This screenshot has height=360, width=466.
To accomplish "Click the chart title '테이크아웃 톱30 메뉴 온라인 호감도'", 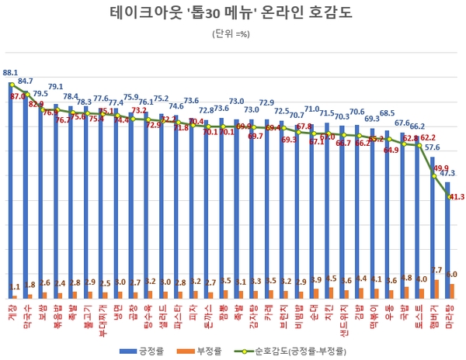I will (x=232, y=14).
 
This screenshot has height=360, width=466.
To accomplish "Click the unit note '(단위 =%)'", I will (x=232, y=33).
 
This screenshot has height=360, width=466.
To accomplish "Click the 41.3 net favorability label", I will (x=455, y=197).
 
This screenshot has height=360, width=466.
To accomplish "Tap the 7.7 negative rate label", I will (x=436, y=270).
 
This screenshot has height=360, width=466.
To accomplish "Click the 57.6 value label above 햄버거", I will (x=432, y=147).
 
